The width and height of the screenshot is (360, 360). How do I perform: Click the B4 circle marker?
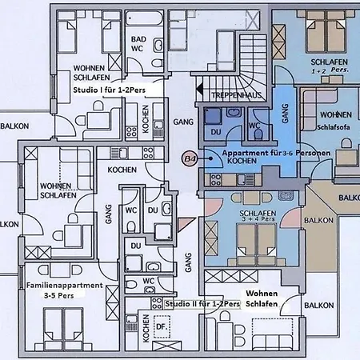[x=190, y=159]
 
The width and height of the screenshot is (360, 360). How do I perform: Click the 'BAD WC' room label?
[x=138, y=44]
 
